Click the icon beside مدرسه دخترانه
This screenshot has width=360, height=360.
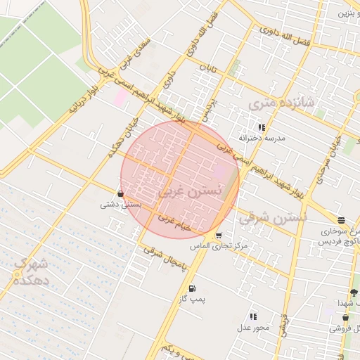point(262,128)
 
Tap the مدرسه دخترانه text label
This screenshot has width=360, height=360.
point(262,139)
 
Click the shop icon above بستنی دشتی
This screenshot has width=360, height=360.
point(122,193)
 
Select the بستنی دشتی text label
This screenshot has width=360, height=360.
point(122,205)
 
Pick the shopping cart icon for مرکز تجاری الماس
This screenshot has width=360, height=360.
point(219,236)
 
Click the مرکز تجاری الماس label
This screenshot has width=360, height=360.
point(219,247)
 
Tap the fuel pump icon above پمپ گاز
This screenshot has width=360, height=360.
point(192,288)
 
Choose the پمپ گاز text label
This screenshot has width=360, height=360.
point(192,300)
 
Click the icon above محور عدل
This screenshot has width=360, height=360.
point(253,317)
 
